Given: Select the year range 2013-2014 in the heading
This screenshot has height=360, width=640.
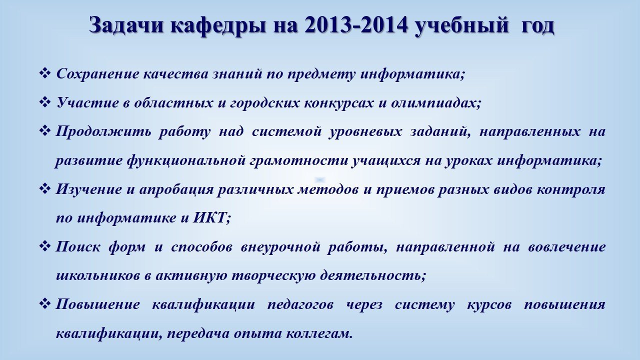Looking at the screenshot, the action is (355, 24).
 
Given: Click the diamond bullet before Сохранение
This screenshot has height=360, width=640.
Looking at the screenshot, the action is (44, 73).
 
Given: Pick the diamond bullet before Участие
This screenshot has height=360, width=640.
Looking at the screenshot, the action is (44, 102).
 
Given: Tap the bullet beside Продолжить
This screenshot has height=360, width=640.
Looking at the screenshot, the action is (44, 131).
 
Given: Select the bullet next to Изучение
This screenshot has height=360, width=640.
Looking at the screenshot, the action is (44, 188).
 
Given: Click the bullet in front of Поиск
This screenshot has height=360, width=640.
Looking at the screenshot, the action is (44, 246).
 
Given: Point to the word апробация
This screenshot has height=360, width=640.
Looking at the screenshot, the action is (176, 189).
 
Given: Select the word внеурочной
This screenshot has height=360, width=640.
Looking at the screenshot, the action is (280, 247).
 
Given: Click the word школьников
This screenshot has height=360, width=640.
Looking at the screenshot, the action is (98, 275).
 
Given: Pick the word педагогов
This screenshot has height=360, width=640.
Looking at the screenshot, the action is (300, 305).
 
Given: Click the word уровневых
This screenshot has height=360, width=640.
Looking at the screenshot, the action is (365, 132).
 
